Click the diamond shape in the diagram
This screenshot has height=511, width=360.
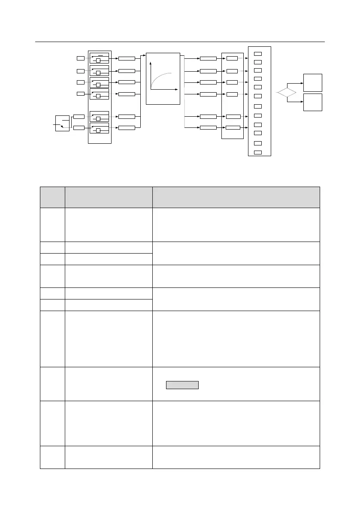click(x=287, y=92)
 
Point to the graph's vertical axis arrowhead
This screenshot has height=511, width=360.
click(x=151, y=63)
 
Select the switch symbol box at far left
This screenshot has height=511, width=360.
click(x=62, y=123)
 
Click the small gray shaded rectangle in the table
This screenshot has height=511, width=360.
click(x=182, y=384)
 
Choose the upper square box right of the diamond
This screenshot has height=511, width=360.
click(x=312, y=82)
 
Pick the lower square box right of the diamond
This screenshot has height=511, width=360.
click(x=312, y=102)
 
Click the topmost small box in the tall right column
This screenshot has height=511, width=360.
click(x=258, y=54)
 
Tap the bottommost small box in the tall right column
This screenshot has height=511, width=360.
click(x=258, y=152)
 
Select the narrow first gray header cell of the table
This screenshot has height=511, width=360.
click(x=52, y=197)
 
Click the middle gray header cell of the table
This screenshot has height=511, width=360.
click(x=109, y=197)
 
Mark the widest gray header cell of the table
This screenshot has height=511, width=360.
click(x=236, y=197)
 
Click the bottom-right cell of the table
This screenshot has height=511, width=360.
click(x=236, y=457)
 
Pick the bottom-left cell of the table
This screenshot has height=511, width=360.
click(x=52, y=457)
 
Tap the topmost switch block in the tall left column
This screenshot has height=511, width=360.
click(x=99, y=58)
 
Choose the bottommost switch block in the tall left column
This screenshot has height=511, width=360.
click(x=99, y=128)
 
